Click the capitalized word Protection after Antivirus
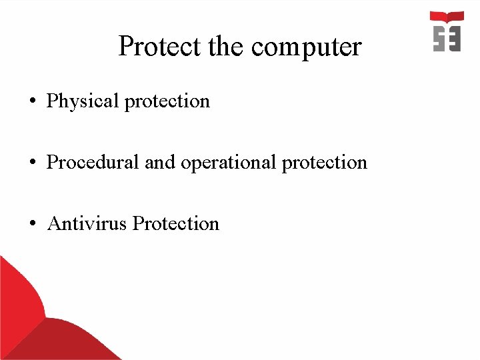[176, 223]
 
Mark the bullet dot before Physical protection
[33, 102]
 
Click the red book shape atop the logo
[447, 17]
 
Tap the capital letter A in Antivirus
[55, 223]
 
